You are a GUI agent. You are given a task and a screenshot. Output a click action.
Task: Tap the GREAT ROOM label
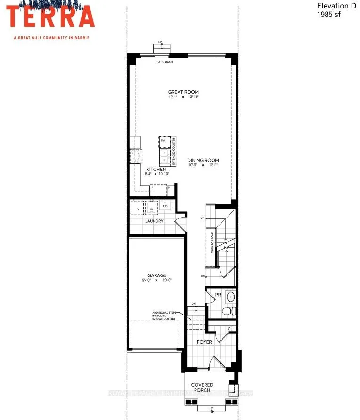click(x=183, y=92)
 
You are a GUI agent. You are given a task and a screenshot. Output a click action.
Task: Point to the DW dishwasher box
click(x=163, y=141)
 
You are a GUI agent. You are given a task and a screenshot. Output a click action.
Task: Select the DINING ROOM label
click(x=203, y=160)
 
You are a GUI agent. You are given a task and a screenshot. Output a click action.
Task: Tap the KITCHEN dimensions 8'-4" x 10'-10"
click(x=157, y=174)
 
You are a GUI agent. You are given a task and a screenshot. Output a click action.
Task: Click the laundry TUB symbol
click(x=165, y=206)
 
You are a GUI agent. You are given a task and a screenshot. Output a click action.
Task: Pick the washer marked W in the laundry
click(x=151, y=208)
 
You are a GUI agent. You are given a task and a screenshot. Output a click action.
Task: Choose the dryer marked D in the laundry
click(x=137, y=208)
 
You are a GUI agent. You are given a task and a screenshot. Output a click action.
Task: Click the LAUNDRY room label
click(x=154, y=221)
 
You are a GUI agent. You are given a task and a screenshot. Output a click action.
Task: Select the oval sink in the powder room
click(x=230, y=297)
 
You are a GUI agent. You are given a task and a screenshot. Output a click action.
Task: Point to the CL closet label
click(x=230, y=329)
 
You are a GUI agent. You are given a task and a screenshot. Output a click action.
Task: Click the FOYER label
click(x=205, y=342)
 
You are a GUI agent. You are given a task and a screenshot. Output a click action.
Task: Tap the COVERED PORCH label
click(x=202, y=388)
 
